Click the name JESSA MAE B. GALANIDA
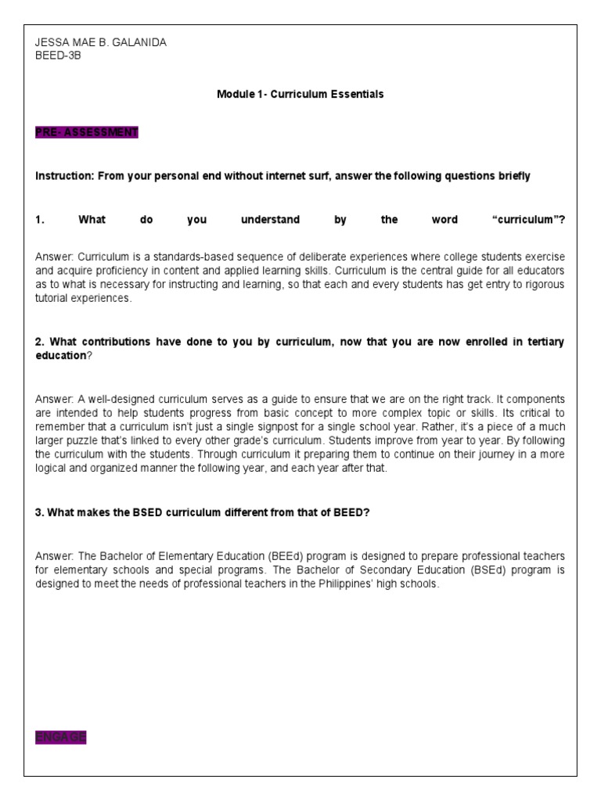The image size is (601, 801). click(101, 43)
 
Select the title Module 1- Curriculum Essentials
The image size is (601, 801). click(300, 94)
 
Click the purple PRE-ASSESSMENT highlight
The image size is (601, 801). click(86, 132)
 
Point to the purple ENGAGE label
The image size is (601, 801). click(60, 737)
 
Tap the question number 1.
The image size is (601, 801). click(39, 220)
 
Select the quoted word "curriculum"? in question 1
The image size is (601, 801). click(528, 220)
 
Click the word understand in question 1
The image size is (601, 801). click(270, 220)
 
